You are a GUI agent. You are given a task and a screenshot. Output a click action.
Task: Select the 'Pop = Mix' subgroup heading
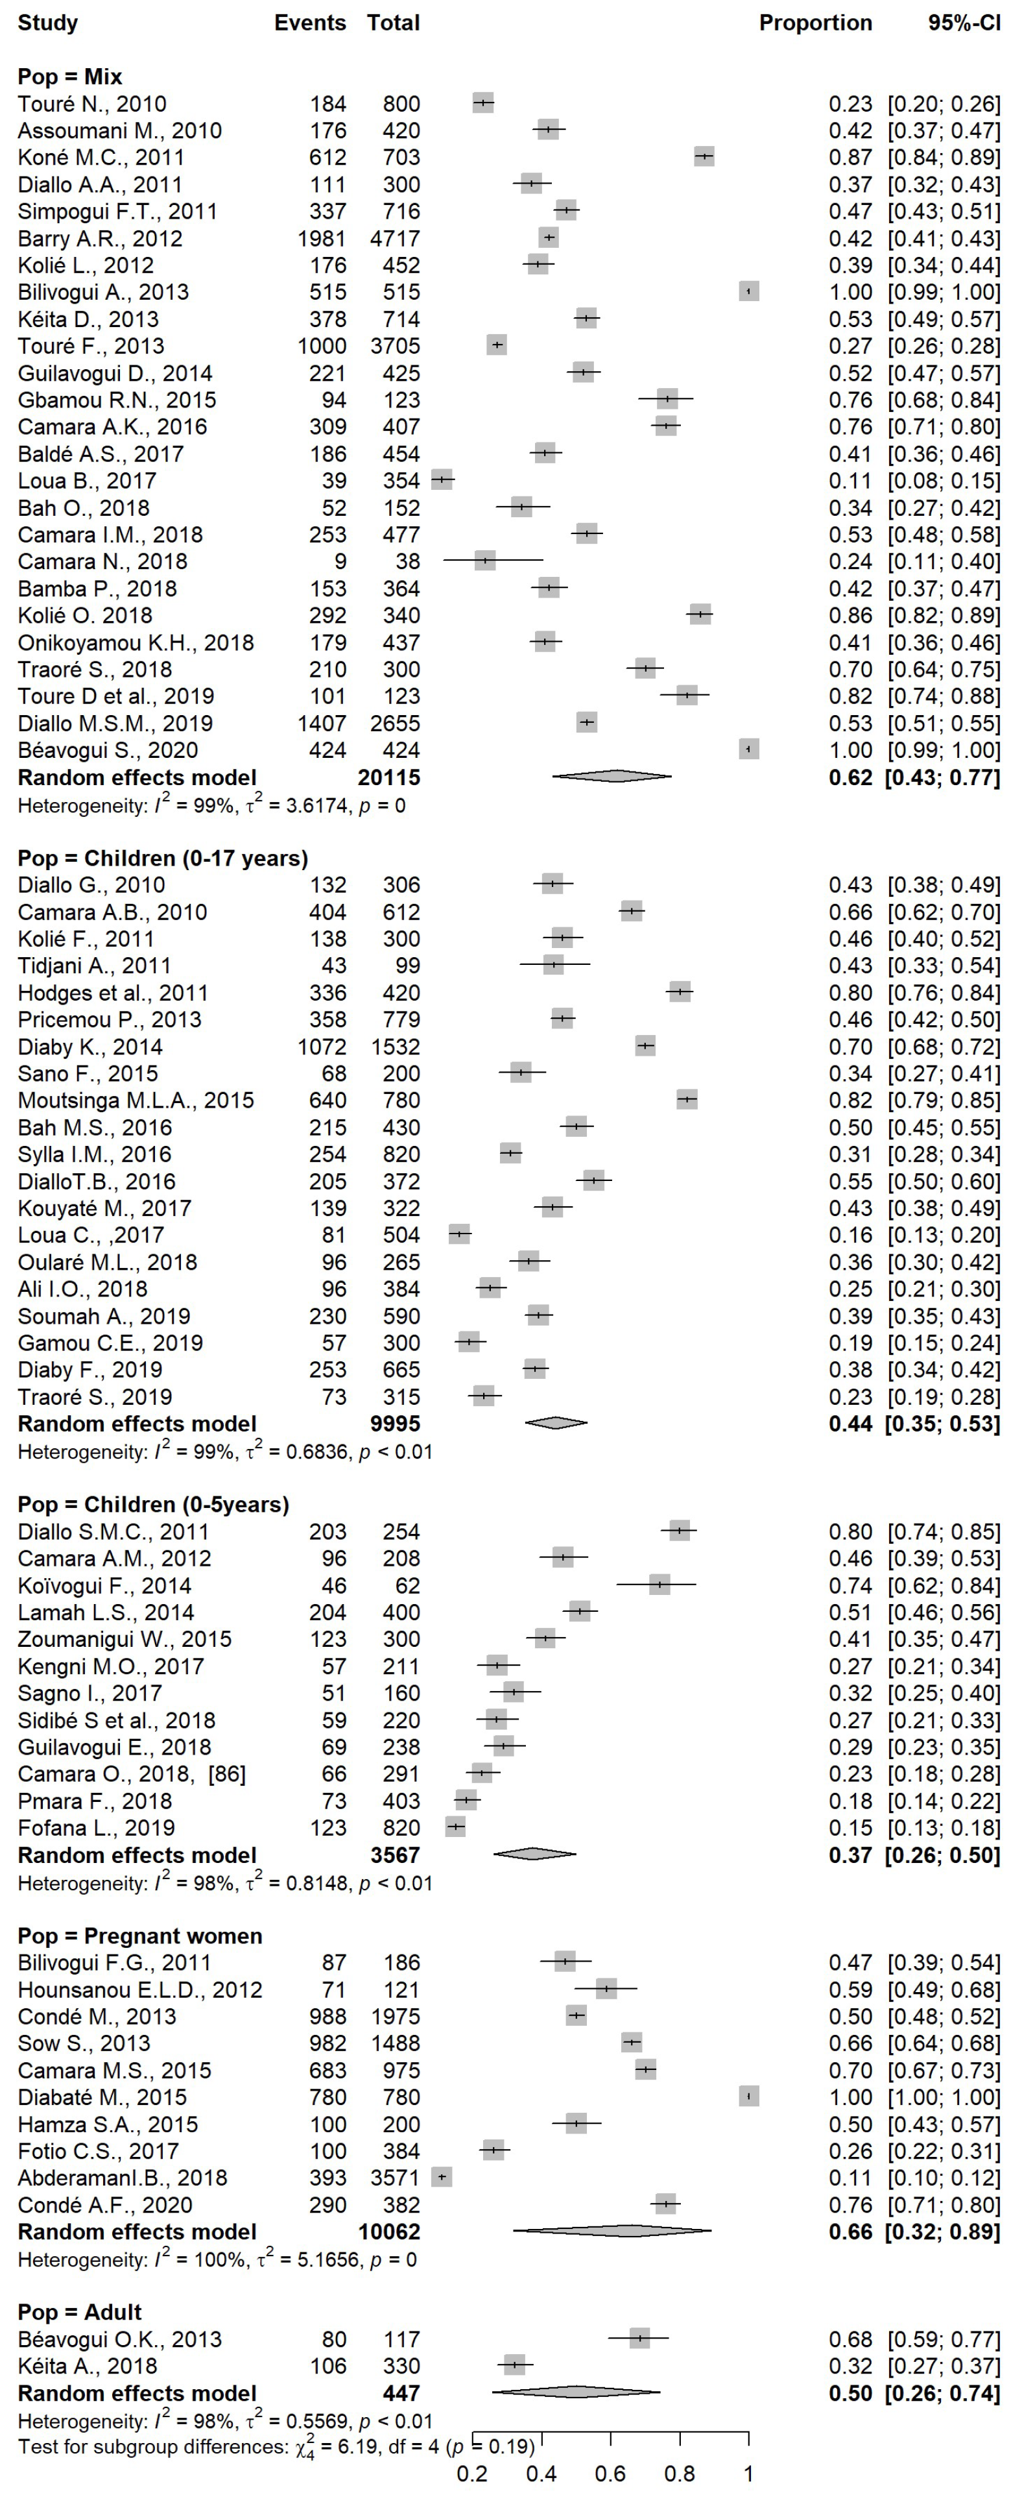click(70, 77)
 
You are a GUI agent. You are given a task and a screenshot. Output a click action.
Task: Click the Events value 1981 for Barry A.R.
click(322, 238)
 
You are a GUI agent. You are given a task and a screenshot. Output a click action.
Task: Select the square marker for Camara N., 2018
click(485, 561)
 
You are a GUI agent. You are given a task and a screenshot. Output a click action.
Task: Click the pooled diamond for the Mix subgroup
click(612, 776)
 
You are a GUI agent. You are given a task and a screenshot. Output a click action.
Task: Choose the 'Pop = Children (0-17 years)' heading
click(162, 858)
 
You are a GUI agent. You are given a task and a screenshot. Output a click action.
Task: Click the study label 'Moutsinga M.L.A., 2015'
click(136, 1101)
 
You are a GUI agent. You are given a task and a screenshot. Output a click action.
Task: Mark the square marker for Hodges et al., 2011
click(680, 992)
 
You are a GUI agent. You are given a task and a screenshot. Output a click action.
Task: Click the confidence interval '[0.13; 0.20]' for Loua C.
click(944, 1235)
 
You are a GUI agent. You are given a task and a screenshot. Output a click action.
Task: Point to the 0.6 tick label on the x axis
click(611, 2473)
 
